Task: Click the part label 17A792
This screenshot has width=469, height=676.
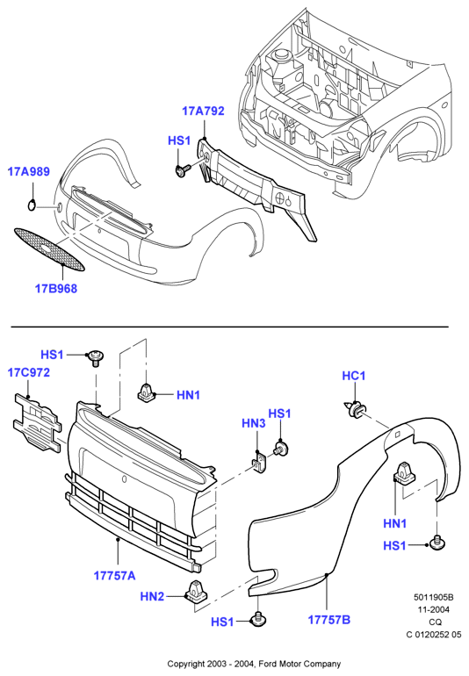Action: point(203,111)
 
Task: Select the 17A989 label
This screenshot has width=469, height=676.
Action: point(28,171)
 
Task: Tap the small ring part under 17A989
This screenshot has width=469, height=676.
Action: point(32,205)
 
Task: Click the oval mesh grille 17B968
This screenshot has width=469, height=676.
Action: point(48,250)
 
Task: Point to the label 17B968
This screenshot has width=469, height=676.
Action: point(55,289)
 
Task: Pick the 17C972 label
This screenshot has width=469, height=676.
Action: point(28,372)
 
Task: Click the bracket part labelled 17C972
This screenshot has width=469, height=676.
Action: point(38,421)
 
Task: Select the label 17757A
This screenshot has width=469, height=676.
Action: point(114,575)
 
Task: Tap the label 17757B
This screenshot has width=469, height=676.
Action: point(328,620)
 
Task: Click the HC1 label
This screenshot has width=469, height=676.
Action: point(354,376)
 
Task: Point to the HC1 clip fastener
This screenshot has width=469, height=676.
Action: point(356,409)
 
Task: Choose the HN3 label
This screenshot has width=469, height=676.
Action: point(253,423)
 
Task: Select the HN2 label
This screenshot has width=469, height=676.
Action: point(152,596)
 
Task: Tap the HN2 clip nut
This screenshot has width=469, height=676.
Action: point(197,592)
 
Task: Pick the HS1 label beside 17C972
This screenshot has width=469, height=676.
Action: point(52,355)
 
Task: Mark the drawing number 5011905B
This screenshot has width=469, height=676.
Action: point(434,597)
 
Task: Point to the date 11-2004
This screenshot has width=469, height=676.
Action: point(433,609)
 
